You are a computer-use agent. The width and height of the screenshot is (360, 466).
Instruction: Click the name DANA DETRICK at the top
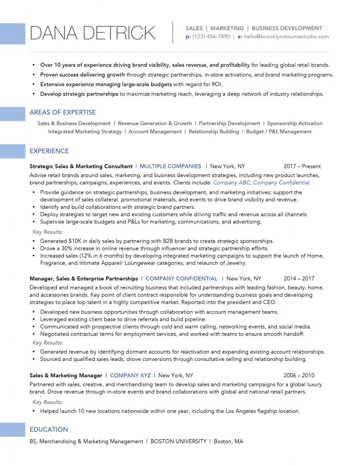[x=92, y=33]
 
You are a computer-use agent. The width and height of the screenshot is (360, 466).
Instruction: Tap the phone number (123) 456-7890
[x=211, y=37]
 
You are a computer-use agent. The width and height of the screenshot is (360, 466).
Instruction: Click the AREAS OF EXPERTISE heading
[x=62, y=112]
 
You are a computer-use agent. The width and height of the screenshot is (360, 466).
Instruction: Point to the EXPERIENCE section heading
[x=49, y=151]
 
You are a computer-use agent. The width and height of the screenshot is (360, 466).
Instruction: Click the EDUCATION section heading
[x=49, y=430]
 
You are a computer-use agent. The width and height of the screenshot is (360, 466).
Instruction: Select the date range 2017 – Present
[x=302, y=167]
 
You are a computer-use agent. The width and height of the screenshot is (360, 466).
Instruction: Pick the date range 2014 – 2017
[x=299, y=279]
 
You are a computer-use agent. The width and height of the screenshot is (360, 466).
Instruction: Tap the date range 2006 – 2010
[x=299, y=375]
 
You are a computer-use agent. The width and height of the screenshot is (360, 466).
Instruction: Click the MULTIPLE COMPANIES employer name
[x=170, y=167]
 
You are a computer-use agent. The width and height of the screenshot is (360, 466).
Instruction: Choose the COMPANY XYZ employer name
[x=130, y=375]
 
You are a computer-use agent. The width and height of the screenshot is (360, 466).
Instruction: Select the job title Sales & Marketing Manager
[x=66, y=375]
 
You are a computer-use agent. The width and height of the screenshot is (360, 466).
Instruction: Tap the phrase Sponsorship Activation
[x=295, y=123]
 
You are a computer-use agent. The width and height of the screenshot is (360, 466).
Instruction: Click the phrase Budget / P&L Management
[x=279, y=132]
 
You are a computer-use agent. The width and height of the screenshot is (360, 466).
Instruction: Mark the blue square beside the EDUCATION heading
[x=12, y=430]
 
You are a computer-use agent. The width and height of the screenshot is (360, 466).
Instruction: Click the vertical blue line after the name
[x=173, y=32]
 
